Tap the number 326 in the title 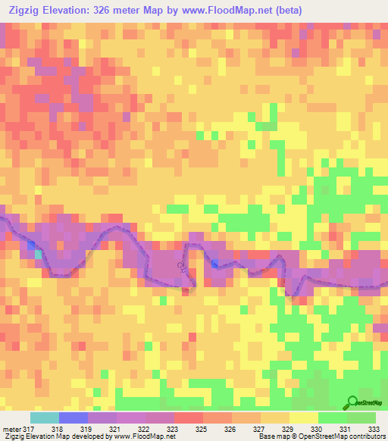[x=123, y=11]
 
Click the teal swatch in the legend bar [x=45, y=418]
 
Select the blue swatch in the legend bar [x=74, y=418]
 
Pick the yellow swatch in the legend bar [x=303, y=418]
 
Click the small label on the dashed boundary [x=181, y=267]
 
